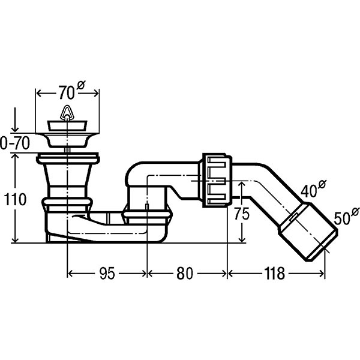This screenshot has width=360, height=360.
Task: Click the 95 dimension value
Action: click(x=107, y=274)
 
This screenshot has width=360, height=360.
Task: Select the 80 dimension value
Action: click(x=185, y=274)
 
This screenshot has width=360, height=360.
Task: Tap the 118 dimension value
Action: click(x=275, y=274)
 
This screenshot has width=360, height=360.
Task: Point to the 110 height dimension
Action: click(x=15, y=199)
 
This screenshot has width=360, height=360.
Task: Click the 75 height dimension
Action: click(x=242, y=214)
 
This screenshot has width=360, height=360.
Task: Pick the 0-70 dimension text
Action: click(x=15, y=143)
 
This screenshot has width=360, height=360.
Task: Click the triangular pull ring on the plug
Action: click(x=67, y=112)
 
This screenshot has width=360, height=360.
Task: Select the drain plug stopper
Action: click(x=67, y=126)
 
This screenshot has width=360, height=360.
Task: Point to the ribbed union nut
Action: click(x=217, y=180)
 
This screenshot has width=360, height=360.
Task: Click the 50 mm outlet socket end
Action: click(x=308, y=231)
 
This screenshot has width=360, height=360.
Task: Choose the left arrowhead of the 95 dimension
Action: click(x=71, y=274)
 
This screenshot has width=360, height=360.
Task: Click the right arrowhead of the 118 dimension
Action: click(x=321, y=274)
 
